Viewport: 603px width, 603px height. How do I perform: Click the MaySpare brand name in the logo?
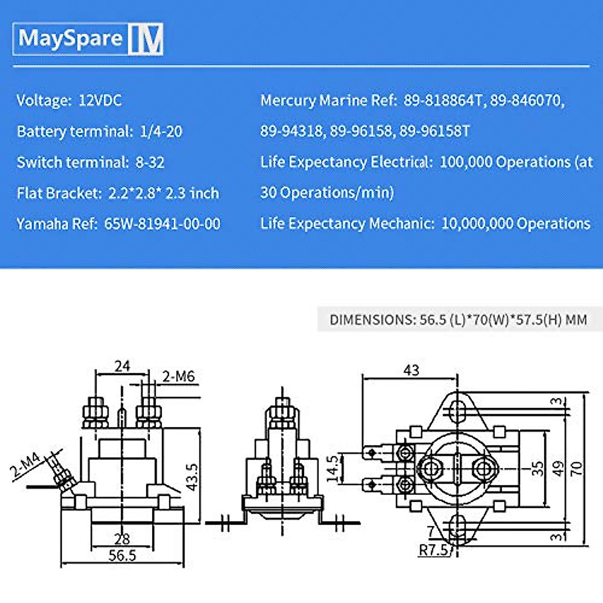pos(70,38)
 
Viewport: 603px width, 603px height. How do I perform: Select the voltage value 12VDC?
pos(100,100)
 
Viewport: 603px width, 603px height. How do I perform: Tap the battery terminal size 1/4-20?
pos(161,132)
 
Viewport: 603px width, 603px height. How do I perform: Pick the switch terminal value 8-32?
pos(150,163)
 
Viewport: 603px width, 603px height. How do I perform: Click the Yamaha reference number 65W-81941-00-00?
pos(162,224)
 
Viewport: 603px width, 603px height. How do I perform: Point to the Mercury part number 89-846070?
pos(526,100)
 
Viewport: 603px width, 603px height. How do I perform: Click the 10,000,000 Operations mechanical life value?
pos(516,224)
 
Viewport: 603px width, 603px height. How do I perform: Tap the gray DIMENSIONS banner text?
pos(458,320)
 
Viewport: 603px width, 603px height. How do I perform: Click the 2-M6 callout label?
pos(178,376)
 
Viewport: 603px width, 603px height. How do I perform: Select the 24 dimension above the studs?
pos(122,366)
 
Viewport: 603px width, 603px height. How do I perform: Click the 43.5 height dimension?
pos(192,476)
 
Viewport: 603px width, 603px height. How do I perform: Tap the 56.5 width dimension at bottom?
pos(122,555)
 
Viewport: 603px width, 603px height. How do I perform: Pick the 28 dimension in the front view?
pos(122,539)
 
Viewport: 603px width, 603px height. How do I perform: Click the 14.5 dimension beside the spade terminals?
pos(333,468)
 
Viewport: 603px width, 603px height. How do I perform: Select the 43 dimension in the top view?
pos(411,370)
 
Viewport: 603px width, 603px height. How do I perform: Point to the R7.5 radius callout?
pos(434,550)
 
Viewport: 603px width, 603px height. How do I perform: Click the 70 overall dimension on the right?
pos(577,468)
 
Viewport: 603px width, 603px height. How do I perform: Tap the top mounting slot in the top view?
pos(457,408)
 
